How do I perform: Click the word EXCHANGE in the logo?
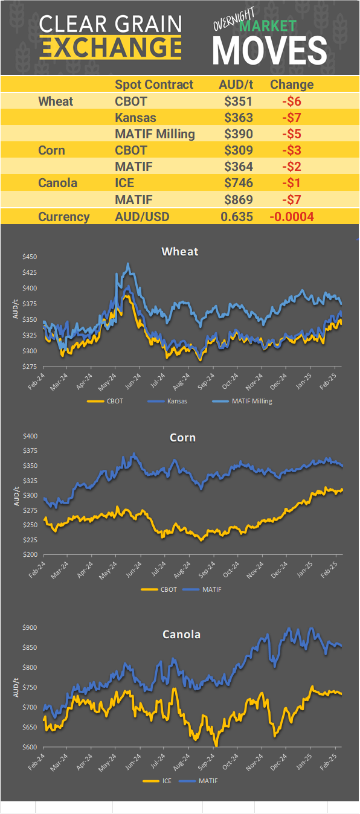[111, 46]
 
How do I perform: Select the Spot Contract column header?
[154, 85]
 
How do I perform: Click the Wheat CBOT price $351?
[237, 101]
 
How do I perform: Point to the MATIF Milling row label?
[155, 133]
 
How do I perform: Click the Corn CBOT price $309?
[237, 150]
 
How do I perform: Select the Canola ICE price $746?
[237, 182]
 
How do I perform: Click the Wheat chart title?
[179, 251]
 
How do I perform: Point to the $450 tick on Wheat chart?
[30, 257]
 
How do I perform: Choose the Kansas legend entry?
[177, 401]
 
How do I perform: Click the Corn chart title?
[182, 437]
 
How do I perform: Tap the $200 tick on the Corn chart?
[30, 555]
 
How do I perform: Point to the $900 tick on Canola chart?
[30, 628]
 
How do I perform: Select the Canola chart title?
[181, 635]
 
